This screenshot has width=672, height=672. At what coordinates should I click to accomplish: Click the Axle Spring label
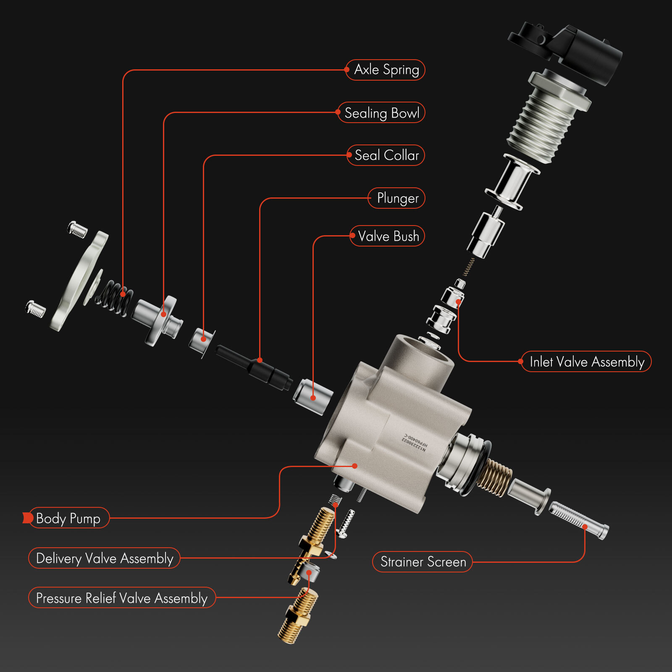[x=386, y=70]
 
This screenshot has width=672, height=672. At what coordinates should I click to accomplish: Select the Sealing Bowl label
[x=381, y=113]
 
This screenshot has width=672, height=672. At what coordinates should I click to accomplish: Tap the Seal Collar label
[x=386, y=155]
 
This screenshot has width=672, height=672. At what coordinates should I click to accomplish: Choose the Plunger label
[x=397, y=198]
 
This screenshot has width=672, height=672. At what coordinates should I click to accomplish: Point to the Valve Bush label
[x=388, y=236]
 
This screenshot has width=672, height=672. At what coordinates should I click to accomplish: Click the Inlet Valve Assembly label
[x=586, y=362]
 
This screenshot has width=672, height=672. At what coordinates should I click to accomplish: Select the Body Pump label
[x=68, y=518]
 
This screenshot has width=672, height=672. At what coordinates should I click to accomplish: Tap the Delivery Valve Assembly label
[x=104, y=558]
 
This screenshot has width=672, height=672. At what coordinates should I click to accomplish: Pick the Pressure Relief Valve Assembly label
[x=122, y=598]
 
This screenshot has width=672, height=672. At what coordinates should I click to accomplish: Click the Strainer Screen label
[x=423, y=562]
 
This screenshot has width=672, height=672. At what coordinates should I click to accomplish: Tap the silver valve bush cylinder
[x=313, y=396]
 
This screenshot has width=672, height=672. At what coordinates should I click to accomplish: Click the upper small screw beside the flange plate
[x=78, y=229]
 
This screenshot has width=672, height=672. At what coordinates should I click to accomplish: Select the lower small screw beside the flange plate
[x=36, y=309]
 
